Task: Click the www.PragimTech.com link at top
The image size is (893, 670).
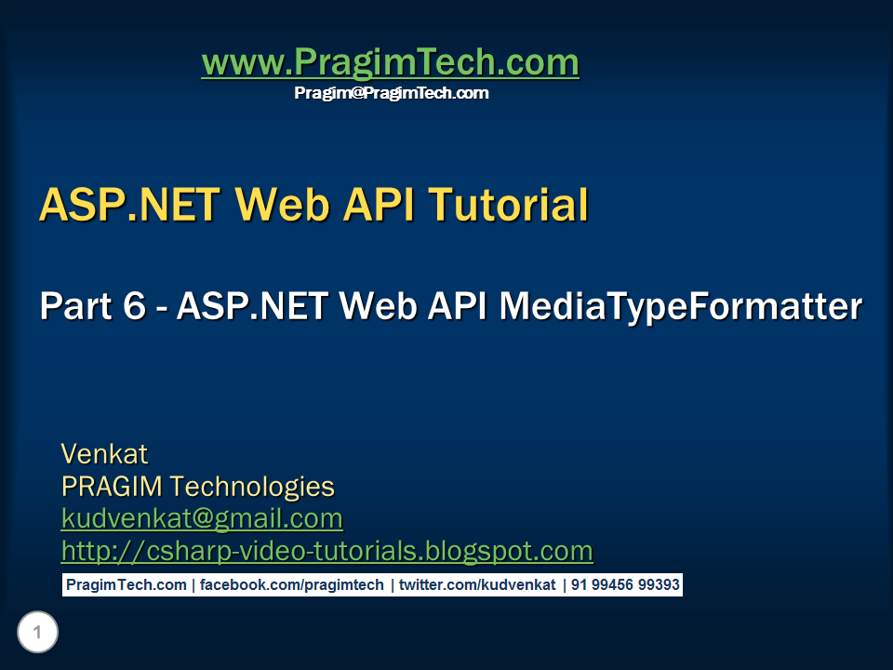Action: point(390,63)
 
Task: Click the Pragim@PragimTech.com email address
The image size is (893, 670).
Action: point(391,93)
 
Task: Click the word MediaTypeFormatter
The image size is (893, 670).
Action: point(681,306)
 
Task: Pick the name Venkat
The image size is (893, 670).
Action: point(104,454)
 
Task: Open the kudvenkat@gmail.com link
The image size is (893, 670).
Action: point(202,518)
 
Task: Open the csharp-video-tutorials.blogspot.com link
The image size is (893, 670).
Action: point(327,551)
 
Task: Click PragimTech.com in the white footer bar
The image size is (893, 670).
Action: point(126,585)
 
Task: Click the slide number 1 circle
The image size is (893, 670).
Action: point(37,633)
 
